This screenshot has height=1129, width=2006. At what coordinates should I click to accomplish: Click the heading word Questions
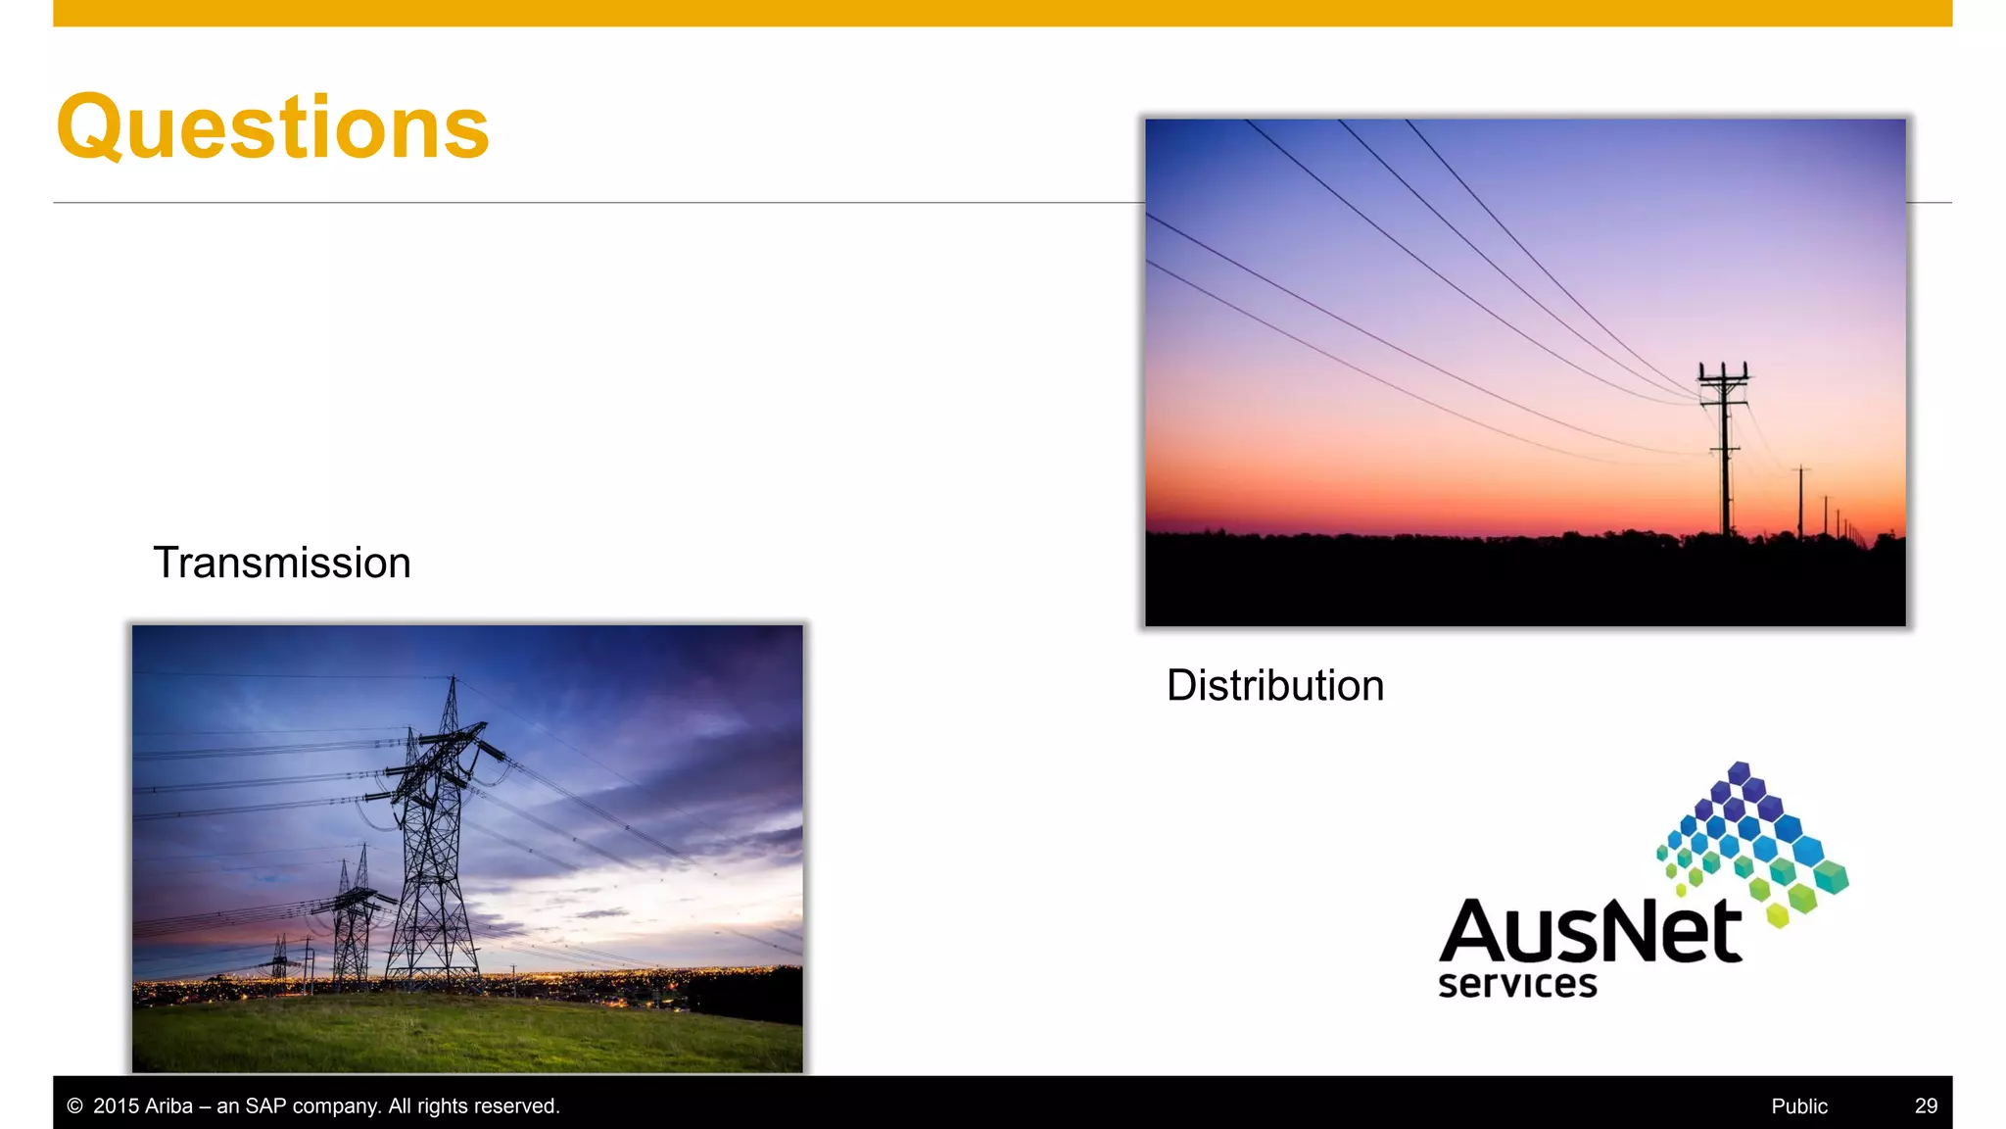point(272,126)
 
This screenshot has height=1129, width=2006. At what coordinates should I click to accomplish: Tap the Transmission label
point(282,563)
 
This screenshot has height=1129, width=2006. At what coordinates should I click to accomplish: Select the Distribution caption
point(1275,685)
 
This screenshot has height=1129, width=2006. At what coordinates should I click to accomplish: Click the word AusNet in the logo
point(1590,931)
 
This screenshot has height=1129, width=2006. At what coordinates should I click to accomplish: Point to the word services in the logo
point(1517,984)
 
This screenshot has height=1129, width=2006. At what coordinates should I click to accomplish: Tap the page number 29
point(1926,1105)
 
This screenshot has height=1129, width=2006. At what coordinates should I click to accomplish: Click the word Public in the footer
point(1799,1105)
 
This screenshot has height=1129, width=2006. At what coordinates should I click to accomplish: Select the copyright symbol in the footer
point(74,1105)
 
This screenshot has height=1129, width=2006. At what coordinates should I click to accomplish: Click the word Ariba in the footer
point(168,1105)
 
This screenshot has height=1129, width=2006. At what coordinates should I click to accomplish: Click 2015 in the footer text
point(116,1105)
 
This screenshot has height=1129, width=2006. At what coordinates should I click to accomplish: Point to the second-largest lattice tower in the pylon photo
point(353,921)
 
